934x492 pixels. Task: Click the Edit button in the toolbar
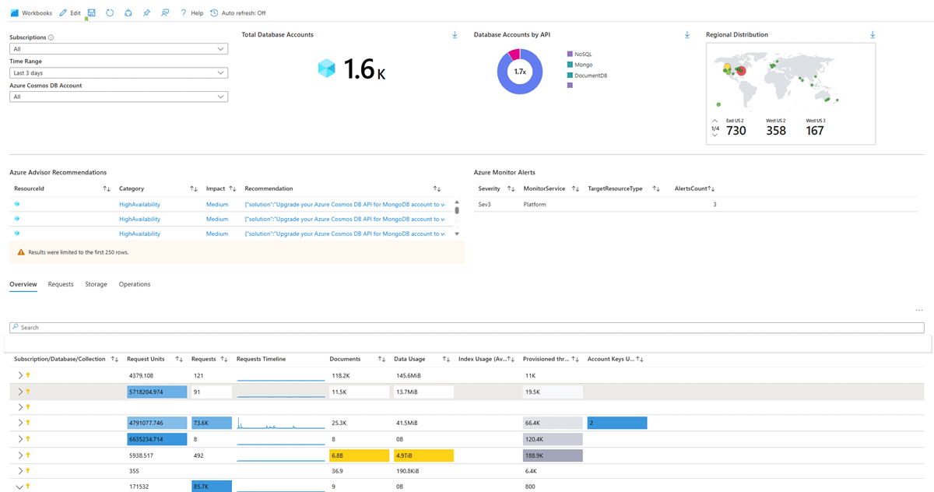70,13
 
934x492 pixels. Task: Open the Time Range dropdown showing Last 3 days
118,72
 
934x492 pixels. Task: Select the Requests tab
61,284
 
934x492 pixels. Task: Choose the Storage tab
96,284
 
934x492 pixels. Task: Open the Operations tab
135,284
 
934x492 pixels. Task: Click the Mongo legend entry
583,65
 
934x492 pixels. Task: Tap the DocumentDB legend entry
590,76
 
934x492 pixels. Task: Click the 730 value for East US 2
736,131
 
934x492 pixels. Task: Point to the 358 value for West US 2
776,131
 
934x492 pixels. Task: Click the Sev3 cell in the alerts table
489,204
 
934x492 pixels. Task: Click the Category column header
132,188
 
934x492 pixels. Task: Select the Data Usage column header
409,359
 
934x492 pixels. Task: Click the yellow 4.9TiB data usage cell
423,455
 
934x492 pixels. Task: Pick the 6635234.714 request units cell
156,439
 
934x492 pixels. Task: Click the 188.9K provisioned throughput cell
553,455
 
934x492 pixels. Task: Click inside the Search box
467,328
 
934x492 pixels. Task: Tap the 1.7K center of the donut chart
520,72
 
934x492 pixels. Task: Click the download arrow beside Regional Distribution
873,35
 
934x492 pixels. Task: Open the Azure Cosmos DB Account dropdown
118,97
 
